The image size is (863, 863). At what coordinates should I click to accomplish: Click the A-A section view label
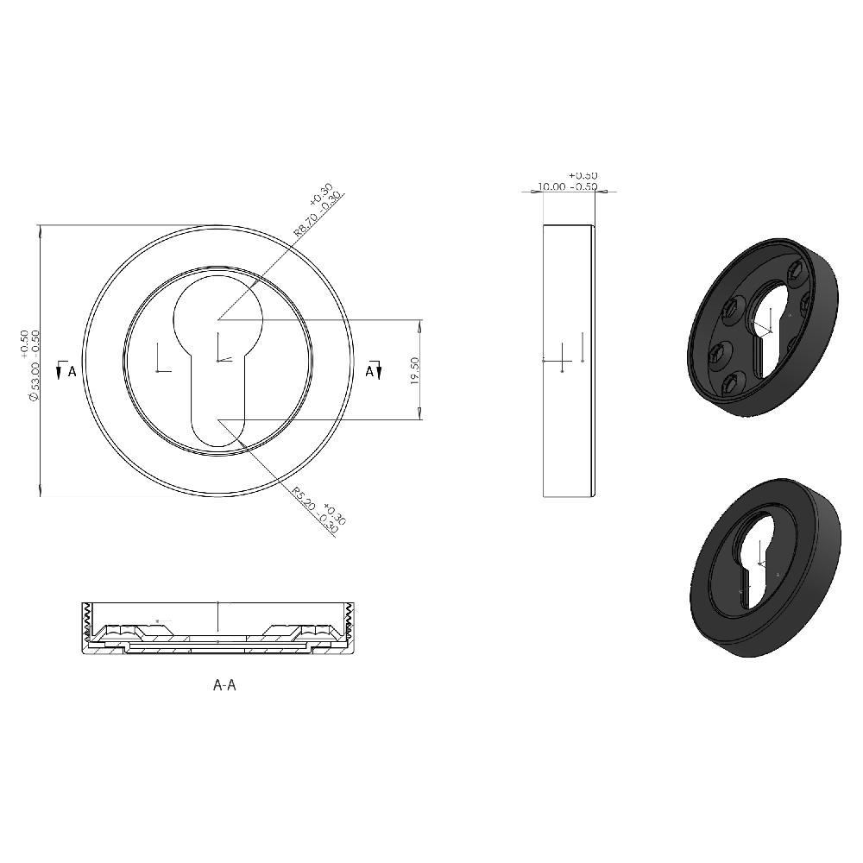pos(224,685)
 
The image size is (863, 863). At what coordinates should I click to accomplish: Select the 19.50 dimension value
pos(415,371)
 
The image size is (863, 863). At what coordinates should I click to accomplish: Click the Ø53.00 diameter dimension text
pos(35,380)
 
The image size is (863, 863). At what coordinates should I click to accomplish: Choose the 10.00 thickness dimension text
pos(552,186)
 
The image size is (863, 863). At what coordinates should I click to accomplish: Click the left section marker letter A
pos(72,371)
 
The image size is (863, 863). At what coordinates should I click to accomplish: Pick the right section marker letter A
pos(369,371)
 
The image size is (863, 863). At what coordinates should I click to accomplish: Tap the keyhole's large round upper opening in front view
pos(217,315)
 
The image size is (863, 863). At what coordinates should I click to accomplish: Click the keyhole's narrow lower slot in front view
pos(217,397)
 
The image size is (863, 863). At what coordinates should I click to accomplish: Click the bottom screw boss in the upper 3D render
pos(734,381)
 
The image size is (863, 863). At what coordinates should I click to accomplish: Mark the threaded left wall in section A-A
pos(86,626)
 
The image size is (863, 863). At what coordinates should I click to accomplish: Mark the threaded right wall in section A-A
pos(350,626)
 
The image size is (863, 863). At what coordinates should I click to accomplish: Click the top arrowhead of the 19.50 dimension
pos(420,324)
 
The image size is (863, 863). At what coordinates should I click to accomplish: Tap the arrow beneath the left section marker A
pos(59,372)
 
